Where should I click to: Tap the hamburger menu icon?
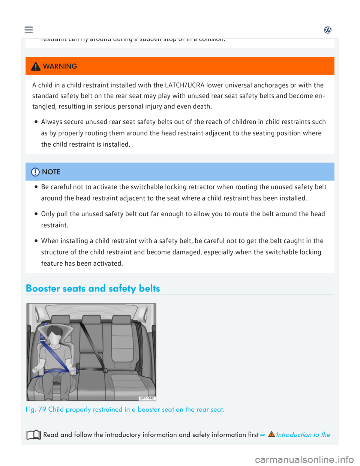click(28, 30)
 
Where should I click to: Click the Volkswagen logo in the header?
click(328, 30)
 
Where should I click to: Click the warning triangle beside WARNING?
click(36, 66)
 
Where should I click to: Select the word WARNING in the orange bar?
click(60, 66)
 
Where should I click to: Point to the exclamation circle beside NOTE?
click(35, 172)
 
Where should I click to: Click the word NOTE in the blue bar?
click(51, 172)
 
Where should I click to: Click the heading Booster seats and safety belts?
click(93, 288)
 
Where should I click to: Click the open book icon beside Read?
click(34, 435)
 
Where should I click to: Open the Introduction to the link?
click(303, 435)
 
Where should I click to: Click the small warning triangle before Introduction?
click(271, 434)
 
